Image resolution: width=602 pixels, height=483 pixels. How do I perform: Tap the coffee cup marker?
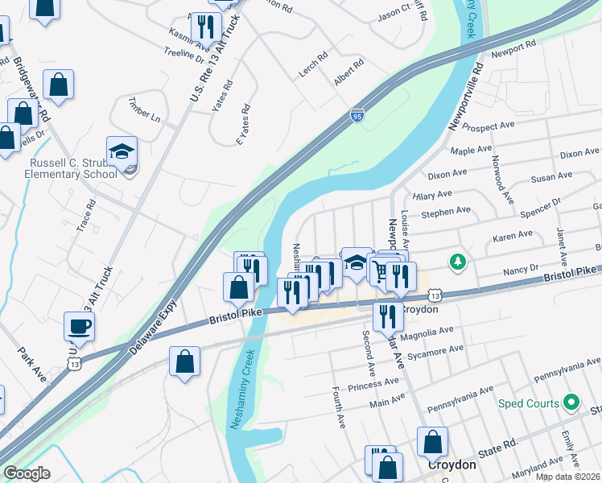click(x=80, y=326)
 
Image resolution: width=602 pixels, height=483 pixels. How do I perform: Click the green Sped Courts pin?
click(x=571, y=401)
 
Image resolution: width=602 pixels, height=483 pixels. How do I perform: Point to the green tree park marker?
click(x=458, y=261)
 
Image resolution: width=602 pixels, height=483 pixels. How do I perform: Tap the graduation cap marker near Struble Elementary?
click(x=122, y=152)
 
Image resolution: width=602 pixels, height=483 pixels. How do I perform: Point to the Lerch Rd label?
click(x=313, y=65)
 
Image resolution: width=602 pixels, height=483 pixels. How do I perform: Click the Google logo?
click(x=27, y=473)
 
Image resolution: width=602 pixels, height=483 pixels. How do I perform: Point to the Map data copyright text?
click(x=568, y=477)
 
